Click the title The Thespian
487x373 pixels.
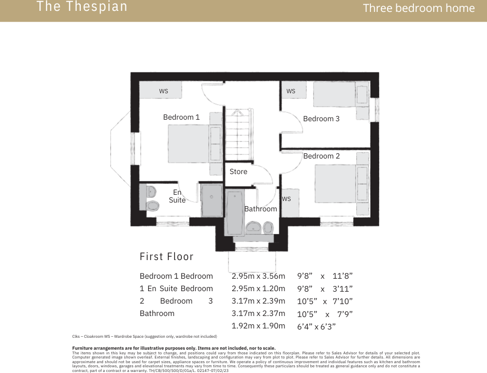click(82, 7)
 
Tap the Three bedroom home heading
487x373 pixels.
click(419, 8)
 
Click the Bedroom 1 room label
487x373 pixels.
click(181, 117)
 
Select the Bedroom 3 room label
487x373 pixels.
click(321, 119)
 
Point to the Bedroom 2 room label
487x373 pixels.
click(322, 156)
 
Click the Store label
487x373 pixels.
click(238, 171)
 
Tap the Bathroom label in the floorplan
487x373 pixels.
click(261, 209)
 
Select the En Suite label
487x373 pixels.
click(177, 196)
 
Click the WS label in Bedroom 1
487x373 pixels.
click(164, 91)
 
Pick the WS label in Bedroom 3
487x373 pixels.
click(291, 91)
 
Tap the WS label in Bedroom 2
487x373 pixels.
click(287, 199)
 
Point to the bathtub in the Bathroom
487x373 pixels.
click(235, 212)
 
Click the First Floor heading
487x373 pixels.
click(166, 256)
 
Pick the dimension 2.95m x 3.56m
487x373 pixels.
click(258, 276)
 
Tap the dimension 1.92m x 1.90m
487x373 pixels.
click(258, 326)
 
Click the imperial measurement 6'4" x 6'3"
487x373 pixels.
click(316, 326)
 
